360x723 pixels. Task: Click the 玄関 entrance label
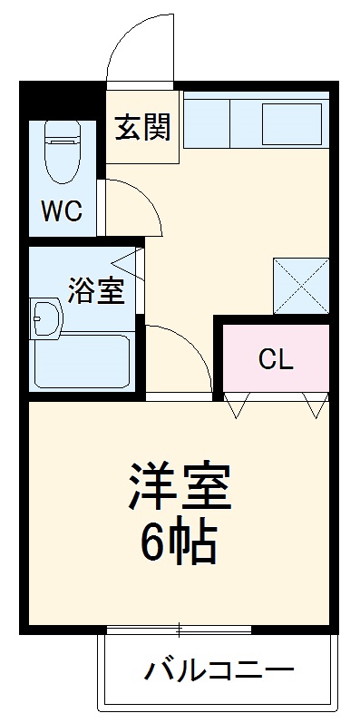(142, 129)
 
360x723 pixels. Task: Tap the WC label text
(61, 212)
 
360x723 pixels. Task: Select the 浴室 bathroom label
(96, 291)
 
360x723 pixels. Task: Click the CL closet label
(276, 359)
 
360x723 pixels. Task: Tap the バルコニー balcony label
(219, 672)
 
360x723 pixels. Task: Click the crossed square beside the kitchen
(300, 286)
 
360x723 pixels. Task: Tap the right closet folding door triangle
(316, 405)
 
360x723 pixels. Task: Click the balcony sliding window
(180, 629)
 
